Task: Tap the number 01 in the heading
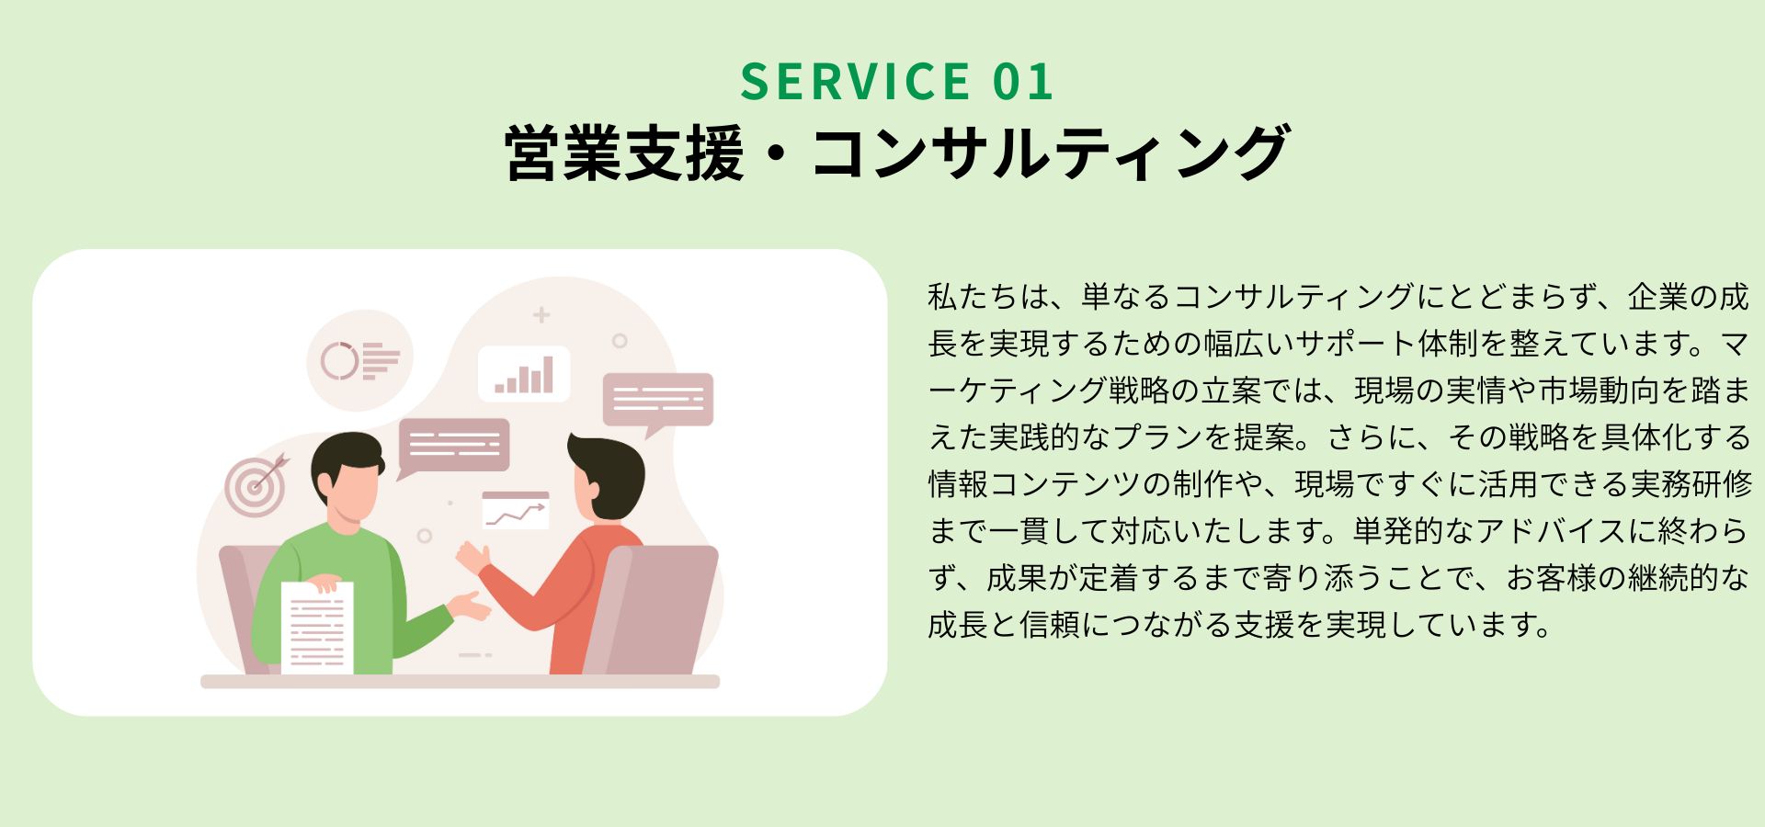[x=1023, y=82]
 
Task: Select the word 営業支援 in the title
[x=624, y=153]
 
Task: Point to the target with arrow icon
[x=256, y=484]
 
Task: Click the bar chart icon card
[x=524, y=374]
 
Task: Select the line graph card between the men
[x=516, y=510]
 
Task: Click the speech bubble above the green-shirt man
[x=453, y=447]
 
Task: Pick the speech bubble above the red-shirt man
[x=658, y=402]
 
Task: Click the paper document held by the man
[x=317, y=628]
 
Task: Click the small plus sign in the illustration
[x=541, y=315]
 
